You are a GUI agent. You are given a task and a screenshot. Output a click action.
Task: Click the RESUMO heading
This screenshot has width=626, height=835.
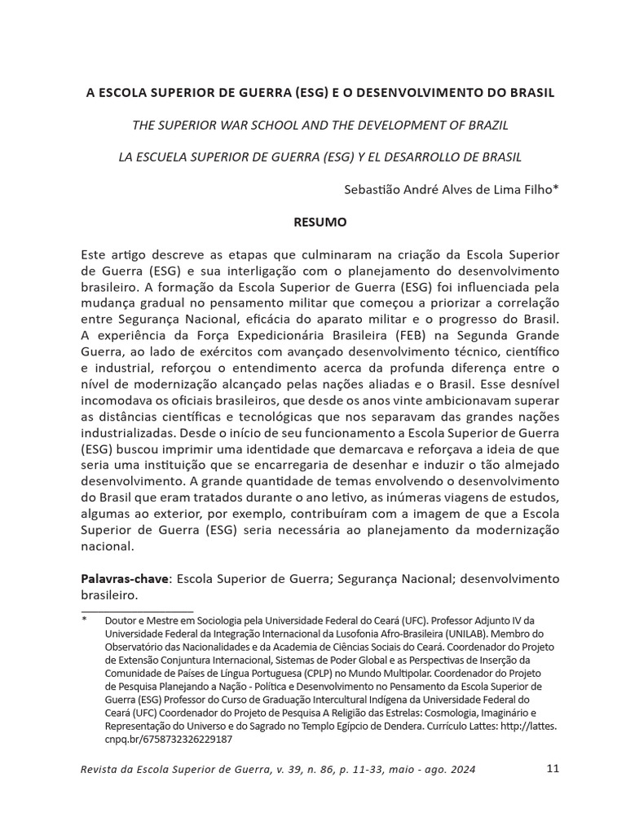(x=320, y=221)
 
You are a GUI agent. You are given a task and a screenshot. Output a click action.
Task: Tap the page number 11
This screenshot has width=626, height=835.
(x=552, y=768)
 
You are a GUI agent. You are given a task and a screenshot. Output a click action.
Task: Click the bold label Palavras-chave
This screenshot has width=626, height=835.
(x=125, y=578)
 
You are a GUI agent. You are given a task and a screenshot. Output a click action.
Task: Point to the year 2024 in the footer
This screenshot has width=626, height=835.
(x=461, y=769)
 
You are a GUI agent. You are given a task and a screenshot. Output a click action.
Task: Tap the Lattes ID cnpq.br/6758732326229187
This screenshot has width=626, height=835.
(x=169, y=739)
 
